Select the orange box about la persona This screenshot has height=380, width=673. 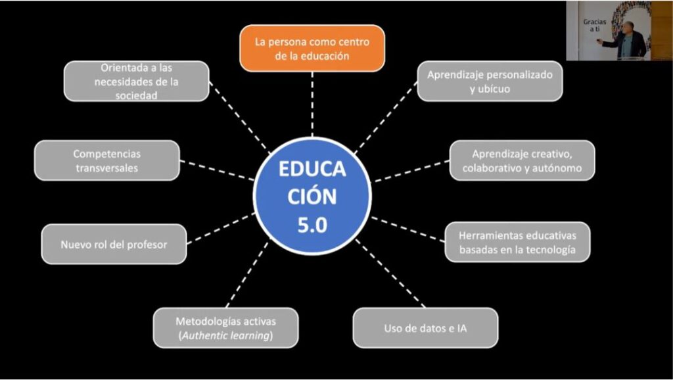312,49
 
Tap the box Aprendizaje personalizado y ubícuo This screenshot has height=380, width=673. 490,81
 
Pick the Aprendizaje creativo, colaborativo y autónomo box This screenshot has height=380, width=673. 522,160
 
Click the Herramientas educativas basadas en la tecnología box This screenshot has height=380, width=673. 517,242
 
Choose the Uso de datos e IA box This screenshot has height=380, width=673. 425,327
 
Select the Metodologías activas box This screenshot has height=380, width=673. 225,328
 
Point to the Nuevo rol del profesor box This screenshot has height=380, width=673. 114,244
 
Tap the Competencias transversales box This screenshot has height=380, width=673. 106,160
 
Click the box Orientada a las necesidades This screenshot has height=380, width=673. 137,81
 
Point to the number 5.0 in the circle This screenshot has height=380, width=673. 312,226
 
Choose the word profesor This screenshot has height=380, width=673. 148,245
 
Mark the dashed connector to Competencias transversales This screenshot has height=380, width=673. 216,170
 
